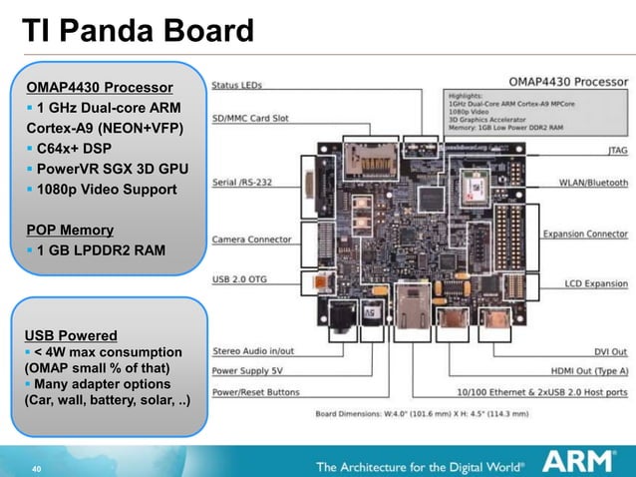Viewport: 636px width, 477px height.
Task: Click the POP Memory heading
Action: click(70, 231)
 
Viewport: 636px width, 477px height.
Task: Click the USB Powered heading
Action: click(72, 335)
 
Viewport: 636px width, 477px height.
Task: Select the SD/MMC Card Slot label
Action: click(251, 118)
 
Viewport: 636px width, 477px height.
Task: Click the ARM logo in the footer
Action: click(582, 460)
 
